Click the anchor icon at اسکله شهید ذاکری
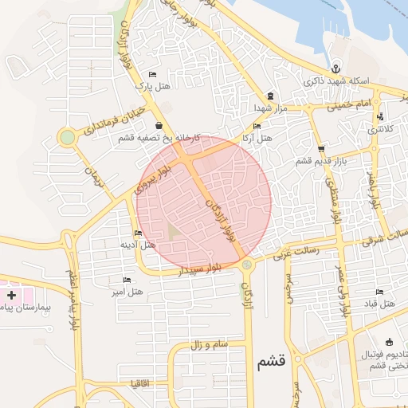click(x=335, y=69)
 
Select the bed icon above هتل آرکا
click(x=256, y=126)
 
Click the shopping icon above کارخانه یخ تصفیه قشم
click(x=160, y=125)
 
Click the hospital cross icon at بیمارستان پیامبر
click(x=11, y=295)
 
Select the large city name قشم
click(x=271, y=363)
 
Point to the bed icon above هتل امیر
click(x=127, y=280)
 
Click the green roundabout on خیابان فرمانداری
click(x=67, y=137)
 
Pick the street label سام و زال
click(x=210, y=345)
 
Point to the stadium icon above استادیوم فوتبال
click(x=388, y=341)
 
